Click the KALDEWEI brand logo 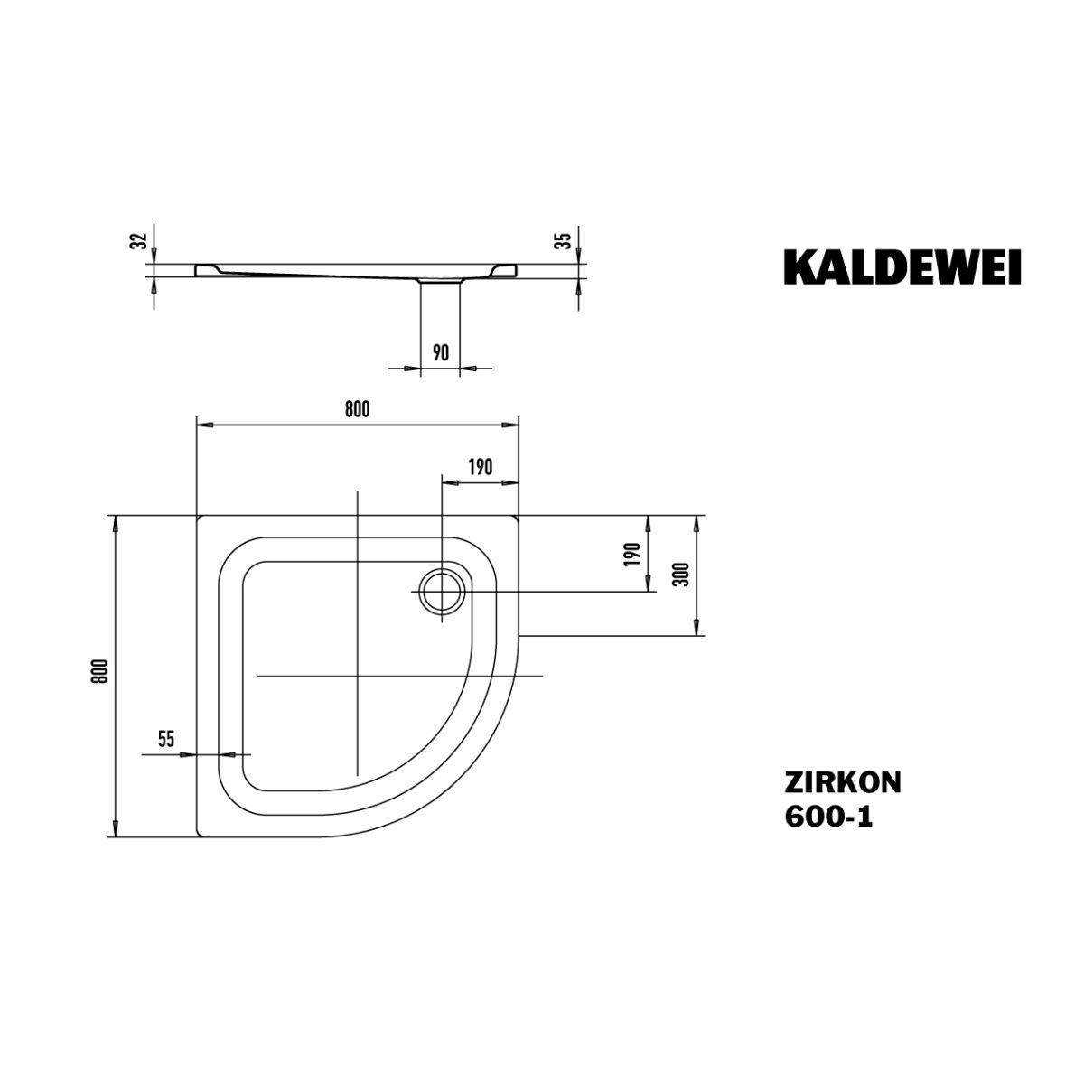coord(902,267)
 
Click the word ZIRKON coord(843,782)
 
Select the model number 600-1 coord(828,817)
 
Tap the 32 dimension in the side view coord(141,240)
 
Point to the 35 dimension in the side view coord(565,240)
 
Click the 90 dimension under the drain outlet coord(441,352)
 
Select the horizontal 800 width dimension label coord(357,409)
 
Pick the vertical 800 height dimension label coord(102,670)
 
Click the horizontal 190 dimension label coord(481,467)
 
